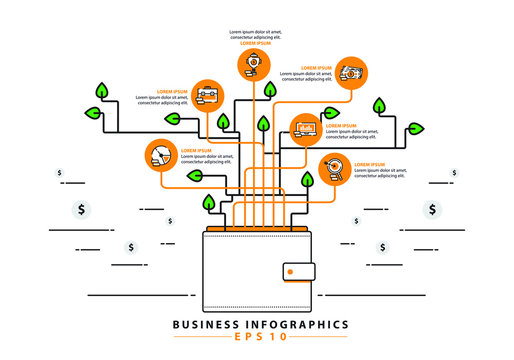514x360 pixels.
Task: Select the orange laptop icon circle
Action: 305,128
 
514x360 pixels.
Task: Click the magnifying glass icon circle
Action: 335,170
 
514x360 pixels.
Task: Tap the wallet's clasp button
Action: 299,271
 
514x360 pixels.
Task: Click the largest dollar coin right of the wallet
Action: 431,209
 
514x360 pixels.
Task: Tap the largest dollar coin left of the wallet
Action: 81,210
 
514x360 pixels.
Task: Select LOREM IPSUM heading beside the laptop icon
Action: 341,126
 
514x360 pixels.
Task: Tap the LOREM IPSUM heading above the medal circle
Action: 249,44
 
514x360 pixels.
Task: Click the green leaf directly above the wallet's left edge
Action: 209,203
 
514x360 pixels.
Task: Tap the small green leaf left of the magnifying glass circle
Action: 308,179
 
